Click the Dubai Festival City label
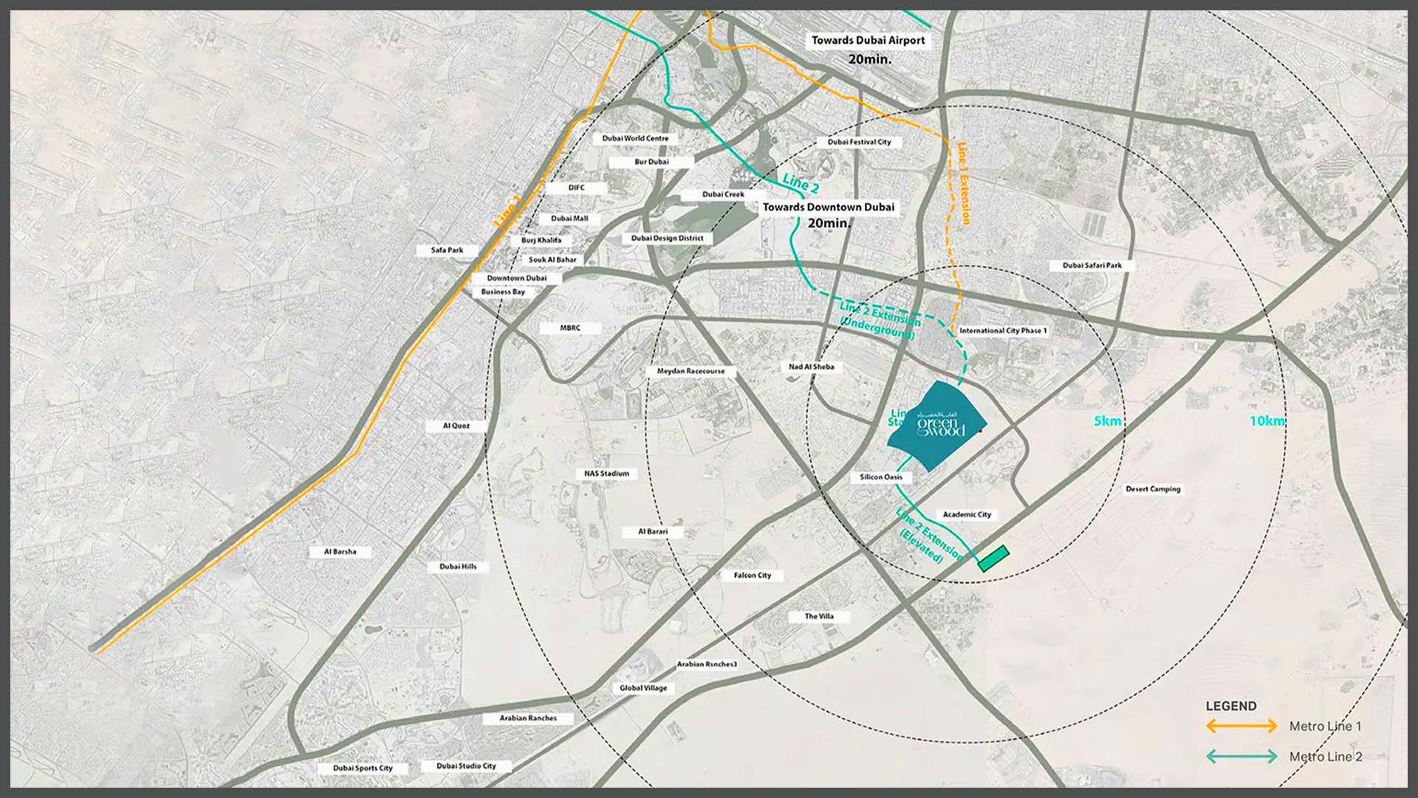point(859,142)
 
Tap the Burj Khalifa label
point(541,240)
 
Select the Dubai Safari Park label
point(1092,265)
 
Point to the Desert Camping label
point(1153,489)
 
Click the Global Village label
point(643,688)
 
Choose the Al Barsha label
point(340,552)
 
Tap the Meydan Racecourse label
point(691,371)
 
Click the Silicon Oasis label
point(881,477)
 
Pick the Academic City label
point(967,514)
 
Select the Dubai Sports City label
point(363,768)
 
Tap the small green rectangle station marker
point(993,559)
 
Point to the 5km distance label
point(1107,421)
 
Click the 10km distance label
point(1267,421)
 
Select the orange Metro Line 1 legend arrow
point(1241,726)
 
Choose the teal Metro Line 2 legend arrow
point(1241,757)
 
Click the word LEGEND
point(1230,706)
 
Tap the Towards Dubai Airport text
point(868,41)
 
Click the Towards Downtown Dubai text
point(828,208)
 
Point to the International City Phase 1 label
point(1003,331)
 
